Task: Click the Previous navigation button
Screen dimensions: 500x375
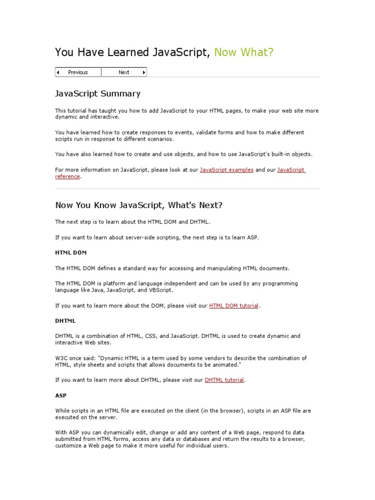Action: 78,72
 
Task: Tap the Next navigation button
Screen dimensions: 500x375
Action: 124,72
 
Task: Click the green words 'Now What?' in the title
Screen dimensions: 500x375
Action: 244,52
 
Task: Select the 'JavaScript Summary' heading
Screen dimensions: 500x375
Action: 98,94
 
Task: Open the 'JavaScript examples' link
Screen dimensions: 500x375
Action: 227,170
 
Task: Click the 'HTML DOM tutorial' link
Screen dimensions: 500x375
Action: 234,306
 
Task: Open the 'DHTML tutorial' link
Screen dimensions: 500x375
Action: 224,380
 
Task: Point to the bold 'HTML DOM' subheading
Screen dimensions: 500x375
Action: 71,252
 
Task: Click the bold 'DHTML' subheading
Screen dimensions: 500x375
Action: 65,321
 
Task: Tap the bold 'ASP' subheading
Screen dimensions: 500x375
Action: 61,396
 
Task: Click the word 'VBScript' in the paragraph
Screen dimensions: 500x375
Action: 161,290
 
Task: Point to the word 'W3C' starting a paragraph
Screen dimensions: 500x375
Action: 61,358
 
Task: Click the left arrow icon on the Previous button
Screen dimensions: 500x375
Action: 58,72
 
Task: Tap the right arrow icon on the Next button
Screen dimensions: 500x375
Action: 144,72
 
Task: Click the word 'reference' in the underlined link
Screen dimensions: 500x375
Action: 67,177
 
